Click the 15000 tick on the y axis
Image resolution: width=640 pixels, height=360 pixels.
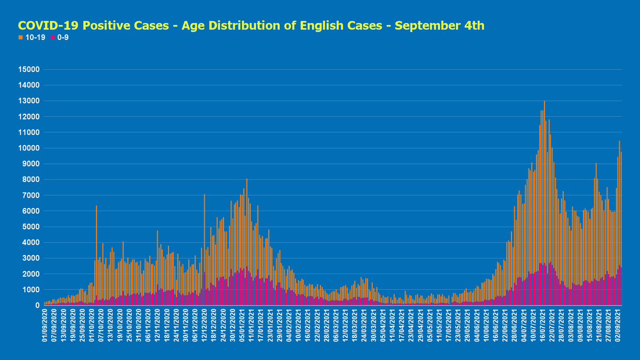tap(28, 69)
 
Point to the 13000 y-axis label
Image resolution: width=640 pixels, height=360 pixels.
tap(28, 101)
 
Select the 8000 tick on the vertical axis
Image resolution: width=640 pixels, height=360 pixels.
tap(30, 179)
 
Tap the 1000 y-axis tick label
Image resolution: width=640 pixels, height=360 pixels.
tap(30, 290)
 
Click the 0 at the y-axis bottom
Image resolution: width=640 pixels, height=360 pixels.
tap(37, 305)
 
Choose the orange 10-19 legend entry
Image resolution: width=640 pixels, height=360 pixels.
tap(33, 37)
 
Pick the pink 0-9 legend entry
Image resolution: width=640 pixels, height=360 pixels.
tap(59, 37)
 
